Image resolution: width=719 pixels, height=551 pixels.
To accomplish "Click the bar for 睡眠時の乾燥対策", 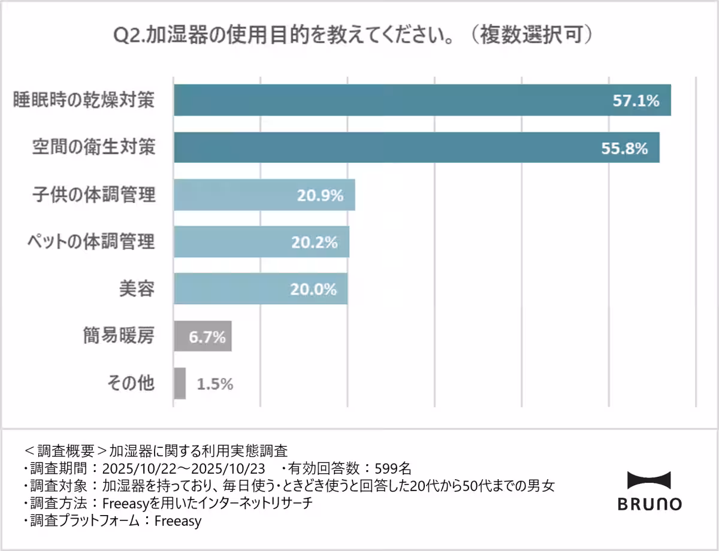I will pyautogui.click(x=419, y=100).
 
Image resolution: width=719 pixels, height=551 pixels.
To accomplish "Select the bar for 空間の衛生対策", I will pyautogui.click(x=413, y=147).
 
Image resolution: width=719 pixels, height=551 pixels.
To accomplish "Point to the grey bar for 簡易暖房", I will pyautogui.click(x=203, y=336).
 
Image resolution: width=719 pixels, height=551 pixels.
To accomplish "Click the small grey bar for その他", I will pyautogui.click(x=180, y=383).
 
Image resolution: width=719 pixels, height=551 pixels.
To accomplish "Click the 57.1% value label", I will pyautogui.click(x=636, y=101).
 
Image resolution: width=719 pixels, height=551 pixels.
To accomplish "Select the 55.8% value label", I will pyautogui.click(x=624, y=148).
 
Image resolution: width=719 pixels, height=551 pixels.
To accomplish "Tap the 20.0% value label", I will pyautogui.click(x=313, y=289).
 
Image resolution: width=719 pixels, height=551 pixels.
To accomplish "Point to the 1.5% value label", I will pyautogui.click(x=215, y=384).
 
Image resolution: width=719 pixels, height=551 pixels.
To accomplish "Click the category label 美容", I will pyautogui.click(x=137, y=289).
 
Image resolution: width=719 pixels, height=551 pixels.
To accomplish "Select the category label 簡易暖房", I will pyautogui.click(x=119, y=336).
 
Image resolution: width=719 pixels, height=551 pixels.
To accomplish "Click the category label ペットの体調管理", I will pyautogui.click(x=91, y=241).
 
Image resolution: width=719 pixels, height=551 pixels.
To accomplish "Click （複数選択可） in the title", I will pyautogui.click(x=530, y=35).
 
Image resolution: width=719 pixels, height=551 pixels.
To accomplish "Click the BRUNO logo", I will pyautogui.click(x=649, y=491).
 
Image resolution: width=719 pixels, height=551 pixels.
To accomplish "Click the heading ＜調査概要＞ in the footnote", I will pyautogui.click(x=60, y=449).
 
